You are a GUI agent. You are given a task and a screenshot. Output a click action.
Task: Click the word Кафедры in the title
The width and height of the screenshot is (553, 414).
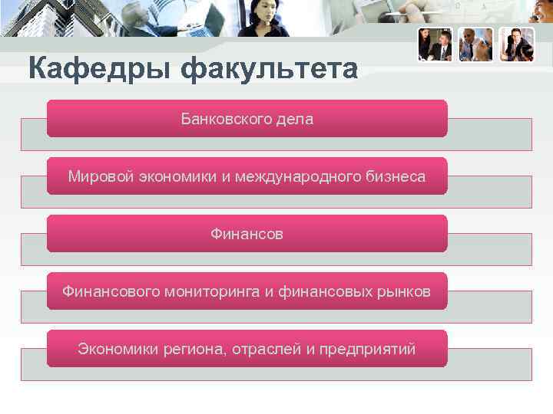100,70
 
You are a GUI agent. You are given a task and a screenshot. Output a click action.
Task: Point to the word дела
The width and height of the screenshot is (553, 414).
295,120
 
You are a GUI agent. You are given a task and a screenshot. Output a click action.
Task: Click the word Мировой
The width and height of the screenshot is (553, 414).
101,176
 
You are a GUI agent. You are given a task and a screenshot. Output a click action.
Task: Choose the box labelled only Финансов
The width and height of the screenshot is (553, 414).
247,234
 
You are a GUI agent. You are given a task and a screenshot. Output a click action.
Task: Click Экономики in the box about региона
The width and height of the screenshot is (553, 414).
118,350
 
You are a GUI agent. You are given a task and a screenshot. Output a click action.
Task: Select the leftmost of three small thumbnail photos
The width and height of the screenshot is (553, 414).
435,44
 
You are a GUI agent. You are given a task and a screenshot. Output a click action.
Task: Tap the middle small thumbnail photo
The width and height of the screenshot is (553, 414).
476,44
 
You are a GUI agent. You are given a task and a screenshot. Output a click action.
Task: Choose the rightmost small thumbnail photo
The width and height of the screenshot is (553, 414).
517,44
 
